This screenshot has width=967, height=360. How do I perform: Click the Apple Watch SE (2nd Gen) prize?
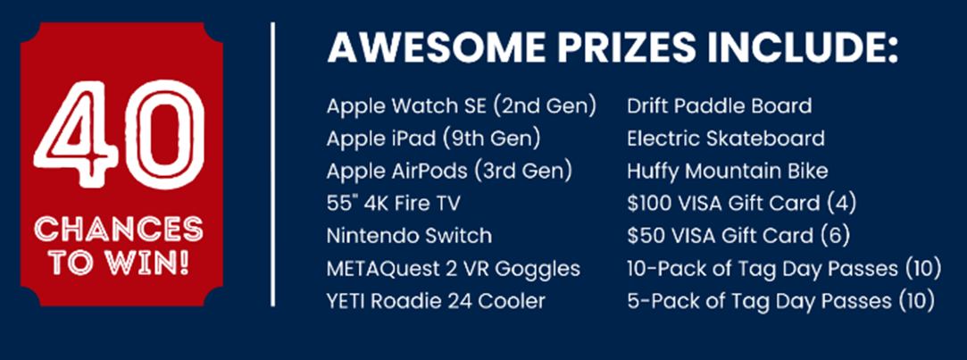pos(462,106)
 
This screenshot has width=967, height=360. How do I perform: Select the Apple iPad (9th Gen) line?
pos(434,139)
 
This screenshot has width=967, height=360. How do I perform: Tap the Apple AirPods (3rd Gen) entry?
pos(450,172)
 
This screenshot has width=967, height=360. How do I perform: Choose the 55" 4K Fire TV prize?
pos(394,203)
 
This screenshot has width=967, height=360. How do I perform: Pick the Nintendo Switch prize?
pos(410,236)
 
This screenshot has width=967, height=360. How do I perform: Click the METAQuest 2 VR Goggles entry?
pos(454,269)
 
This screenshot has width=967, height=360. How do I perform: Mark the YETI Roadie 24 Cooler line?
pos(437,301)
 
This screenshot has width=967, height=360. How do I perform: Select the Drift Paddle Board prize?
pos(720,105)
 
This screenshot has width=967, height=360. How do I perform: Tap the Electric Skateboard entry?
pos(726,138)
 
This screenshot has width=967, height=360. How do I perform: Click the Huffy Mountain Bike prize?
pos(728,171)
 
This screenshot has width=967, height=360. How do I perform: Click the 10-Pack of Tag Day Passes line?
pos(785,269)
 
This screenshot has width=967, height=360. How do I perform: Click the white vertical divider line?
pos(272,164)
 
